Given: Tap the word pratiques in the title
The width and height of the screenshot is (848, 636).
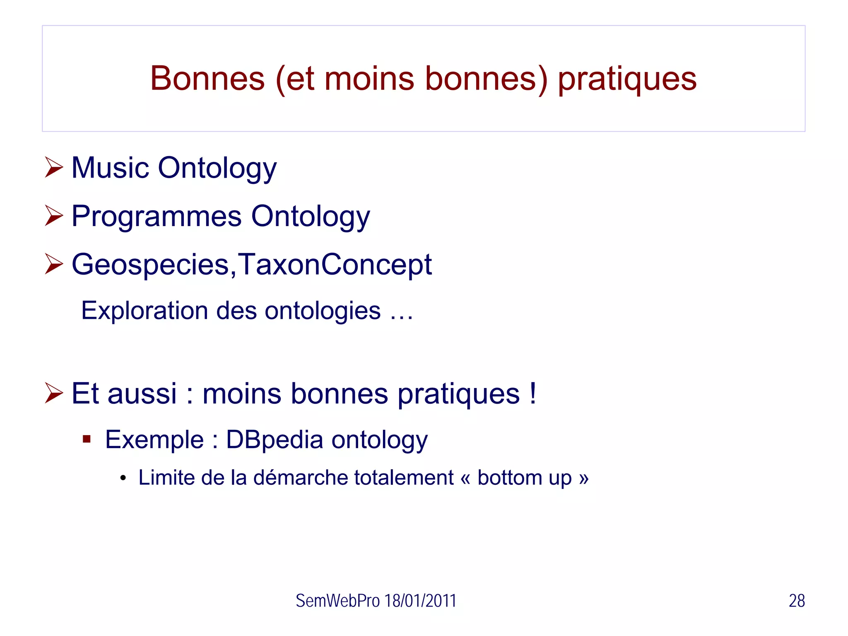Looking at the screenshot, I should (627, 79).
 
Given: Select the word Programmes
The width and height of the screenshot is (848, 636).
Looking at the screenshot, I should (157, 216).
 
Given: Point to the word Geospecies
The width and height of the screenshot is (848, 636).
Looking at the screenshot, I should (150, 265).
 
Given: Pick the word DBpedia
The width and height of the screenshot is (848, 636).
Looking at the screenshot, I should (274, 439).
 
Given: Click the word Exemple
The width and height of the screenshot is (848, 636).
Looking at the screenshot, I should (154, 439).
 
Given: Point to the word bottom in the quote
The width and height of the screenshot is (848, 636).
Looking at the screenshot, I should (509, 477).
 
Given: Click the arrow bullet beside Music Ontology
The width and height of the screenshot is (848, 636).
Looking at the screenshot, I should (54, 167).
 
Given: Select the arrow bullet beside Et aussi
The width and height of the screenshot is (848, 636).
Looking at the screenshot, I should (54, 393).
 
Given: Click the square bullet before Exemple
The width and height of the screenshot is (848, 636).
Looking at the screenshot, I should (87, 439).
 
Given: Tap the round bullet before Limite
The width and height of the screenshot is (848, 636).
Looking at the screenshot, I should (123, 478).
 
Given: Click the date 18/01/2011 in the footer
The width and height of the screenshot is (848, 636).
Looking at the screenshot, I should (420, 601).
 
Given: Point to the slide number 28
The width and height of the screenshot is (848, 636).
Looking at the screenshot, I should (796, 601).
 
